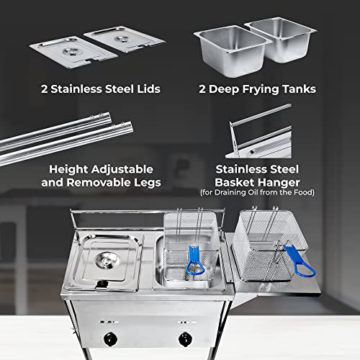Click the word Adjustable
(127, 168)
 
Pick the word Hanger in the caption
(296, 183)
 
